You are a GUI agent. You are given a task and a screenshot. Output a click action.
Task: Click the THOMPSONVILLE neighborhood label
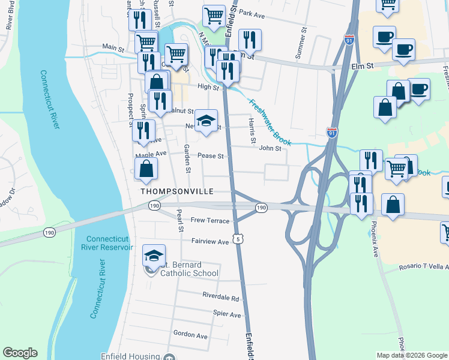[x=177, y=191]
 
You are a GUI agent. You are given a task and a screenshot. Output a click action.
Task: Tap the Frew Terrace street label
[x=210, y=221]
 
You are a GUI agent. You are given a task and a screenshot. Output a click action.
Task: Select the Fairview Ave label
[x=210, y=242]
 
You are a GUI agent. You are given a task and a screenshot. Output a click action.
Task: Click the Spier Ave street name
[x=227, y=314]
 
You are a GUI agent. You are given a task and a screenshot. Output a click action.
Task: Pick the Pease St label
[x=211, y=156]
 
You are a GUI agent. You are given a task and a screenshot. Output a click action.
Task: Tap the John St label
[x=270, y=148]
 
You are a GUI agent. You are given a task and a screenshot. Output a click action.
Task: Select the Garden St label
[x=187, y=159]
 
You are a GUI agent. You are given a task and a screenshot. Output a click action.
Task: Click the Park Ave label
[x=252, y=13]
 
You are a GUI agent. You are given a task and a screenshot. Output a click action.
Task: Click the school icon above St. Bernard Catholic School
[x=154, y=256]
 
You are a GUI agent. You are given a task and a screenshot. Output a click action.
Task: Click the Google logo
[x=20, y=353]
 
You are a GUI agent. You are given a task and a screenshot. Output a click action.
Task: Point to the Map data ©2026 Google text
[x=411, y=355]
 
